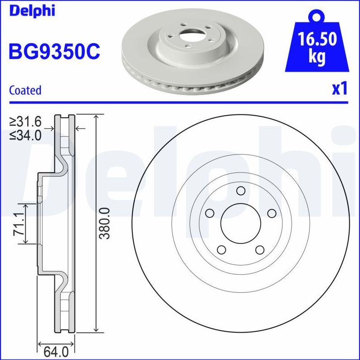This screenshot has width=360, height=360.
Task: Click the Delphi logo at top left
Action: (31, 10)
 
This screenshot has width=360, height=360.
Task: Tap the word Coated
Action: (25, 90)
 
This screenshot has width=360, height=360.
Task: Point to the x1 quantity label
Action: (339, 89)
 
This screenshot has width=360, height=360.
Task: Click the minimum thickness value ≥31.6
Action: (26, 122)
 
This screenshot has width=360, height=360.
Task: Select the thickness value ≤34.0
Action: (26, 135)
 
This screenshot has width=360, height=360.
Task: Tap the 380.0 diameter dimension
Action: (105, 223)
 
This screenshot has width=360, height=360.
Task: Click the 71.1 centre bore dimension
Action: (19, 224)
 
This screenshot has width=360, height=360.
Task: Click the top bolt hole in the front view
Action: (241, 190)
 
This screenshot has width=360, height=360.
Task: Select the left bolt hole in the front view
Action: (209, 213)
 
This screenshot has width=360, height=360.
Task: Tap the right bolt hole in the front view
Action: (272, 213)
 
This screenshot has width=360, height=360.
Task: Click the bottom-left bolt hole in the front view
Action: (222, 250)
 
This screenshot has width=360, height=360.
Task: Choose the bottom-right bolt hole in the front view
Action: (260, 250)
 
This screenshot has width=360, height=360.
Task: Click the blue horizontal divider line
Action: (180, 102)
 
